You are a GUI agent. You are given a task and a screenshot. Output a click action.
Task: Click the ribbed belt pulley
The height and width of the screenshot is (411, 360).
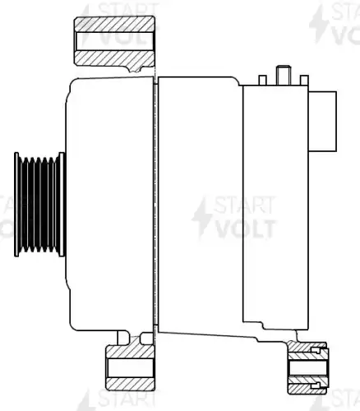39,205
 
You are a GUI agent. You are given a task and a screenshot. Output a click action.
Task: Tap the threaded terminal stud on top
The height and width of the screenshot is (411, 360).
284,75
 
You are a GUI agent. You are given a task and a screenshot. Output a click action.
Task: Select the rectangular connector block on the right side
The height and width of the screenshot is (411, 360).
322,121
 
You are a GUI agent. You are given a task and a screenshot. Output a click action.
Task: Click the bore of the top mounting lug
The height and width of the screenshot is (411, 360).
114,41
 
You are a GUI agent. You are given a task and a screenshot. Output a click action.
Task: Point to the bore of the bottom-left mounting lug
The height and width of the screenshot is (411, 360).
131,367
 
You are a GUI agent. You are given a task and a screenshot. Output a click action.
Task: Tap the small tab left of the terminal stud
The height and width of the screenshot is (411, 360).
262,80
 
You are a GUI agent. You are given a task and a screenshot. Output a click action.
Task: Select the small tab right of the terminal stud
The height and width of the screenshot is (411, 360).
304,80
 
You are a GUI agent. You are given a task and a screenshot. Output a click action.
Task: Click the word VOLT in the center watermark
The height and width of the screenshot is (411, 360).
246,229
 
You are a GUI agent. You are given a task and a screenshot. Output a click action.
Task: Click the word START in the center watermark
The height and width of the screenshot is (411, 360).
244,205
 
